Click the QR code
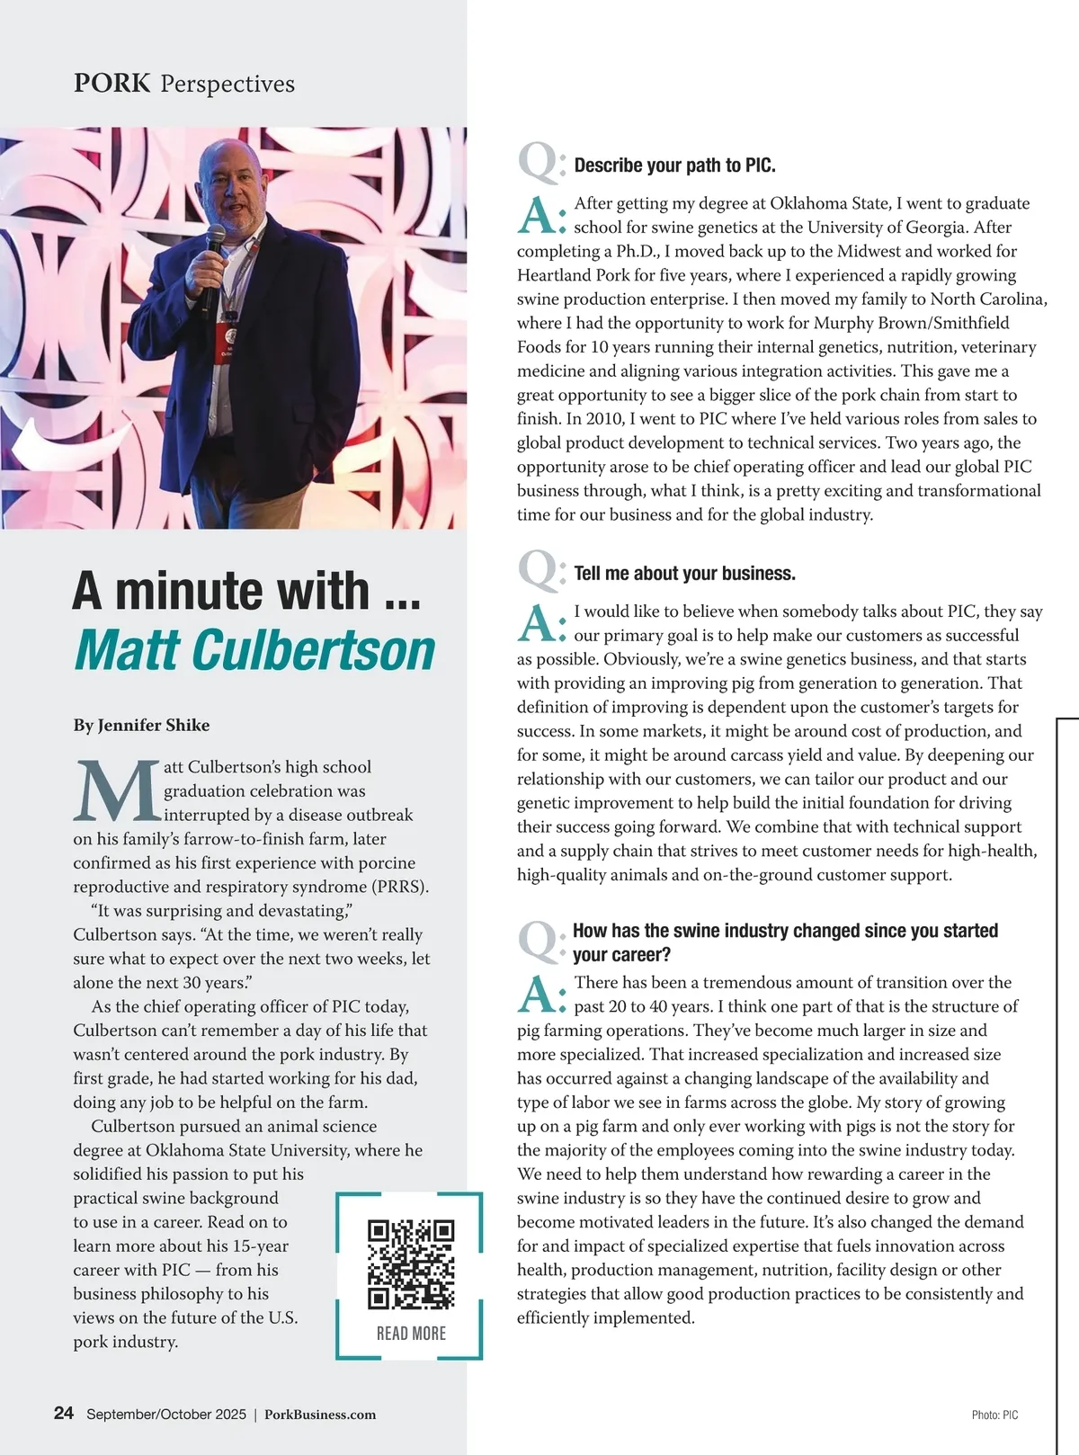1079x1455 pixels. (411, 1263)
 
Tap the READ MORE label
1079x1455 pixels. (411, 1334)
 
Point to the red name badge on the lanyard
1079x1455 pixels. (226, 341)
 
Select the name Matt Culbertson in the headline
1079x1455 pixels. (254, 650)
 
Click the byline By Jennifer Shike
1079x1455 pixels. (141, 725)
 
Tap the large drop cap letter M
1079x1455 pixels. (116, 792)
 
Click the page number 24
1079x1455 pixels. (64, 1413)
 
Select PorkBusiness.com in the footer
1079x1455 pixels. (320, 1415)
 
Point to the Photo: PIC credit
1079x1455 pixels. (994, 1415)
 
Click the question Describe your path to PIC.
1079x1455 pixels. (674, 165)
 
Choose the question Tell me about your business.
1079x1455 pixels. (684, 574)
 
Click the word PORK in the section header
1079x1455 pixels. (111, 84)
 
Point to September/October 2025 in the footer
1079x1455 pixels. (166, 1415)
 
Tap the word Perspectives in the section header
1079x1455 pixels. (227, 85)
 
